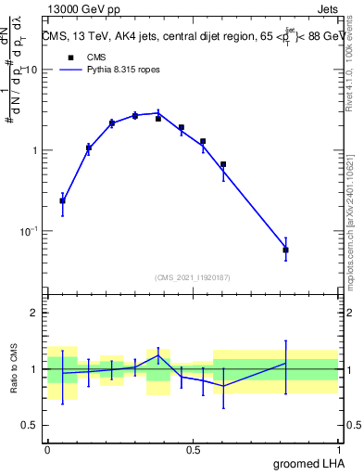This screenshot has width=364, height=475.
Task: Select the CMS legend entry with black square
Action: coord(84,56)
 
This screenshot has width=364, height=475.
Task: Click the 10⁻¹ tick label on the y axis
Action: coord(30,231)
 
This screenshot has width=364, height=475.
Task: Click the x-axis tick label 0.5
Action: coord(193,450)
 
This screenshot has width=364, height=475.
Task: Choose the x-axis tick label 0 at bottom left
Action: coord(47,450)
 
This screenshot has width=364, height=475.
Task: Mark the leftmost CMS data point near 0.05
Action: coord(62,200)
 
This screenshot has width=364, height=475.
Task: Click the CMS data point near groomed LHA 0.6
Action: coord(223,164)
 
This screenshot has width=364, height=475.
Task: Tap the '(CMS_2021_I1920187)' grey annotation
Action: coord(193,276)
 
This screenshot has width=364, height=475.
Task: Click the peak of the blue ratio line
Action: coord(158,355)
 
